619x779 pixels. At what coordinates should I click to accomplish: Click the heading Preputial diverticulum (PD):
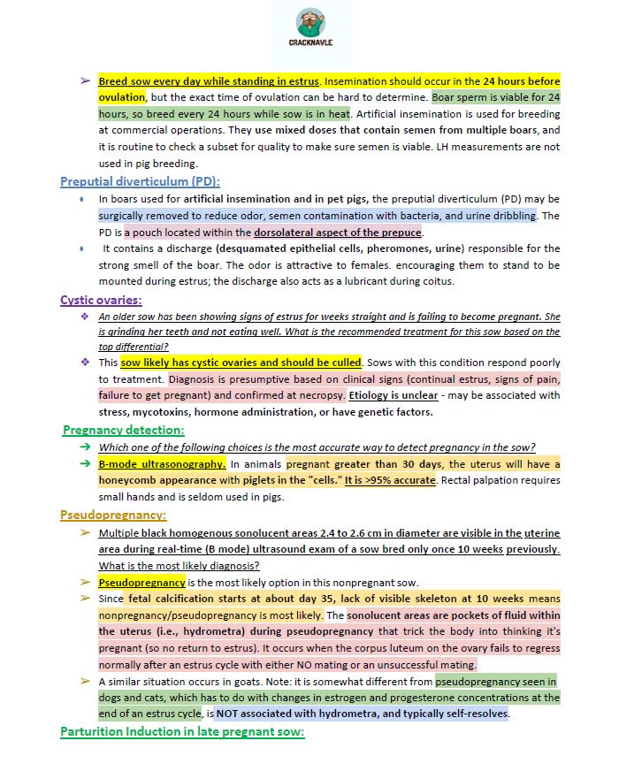click(x=140, y=181)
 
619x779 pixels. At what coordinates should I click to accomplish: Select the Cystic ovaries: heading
click(x=101, y=300)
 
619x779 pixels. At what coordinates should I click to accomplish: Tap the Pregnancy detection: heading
click(x=124, y=430)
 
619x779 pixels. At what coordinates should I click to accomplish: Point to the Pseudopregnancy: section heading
click(x=113, y=515)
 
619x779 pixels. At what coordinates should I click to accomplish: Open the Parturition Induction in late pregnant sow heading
click(x=182, y=731)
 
